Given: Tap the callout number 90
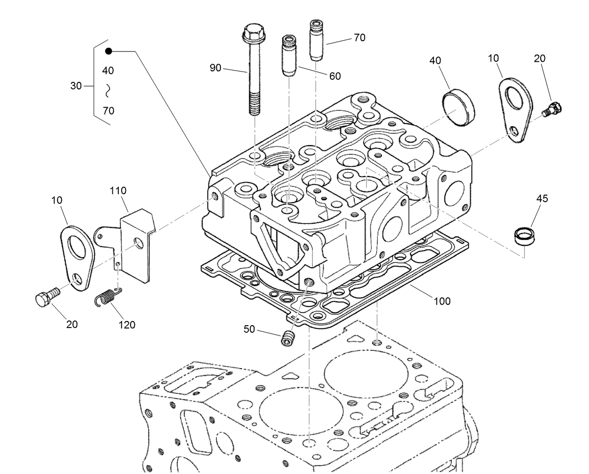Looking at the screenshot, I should coord(215,68).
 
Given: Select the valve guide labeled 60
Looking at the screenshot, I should coord(288,56).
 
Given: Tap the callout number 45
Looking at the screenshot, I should coord(542,199).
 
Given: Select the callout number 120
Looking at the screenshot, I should coord(126,325).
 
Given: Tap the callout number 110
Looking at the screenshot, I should coord(118,191).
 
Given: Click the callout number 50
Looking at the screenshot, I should coord(249,329).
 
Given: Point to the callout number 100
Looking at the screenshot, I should coord(442,301).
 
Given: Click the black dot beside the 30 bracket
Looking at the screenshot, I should coord(109,51).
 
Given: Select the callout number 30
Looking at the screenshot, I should coord(76,86).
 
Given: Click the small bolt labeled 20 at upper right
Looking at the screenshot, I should coord(553,109).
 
